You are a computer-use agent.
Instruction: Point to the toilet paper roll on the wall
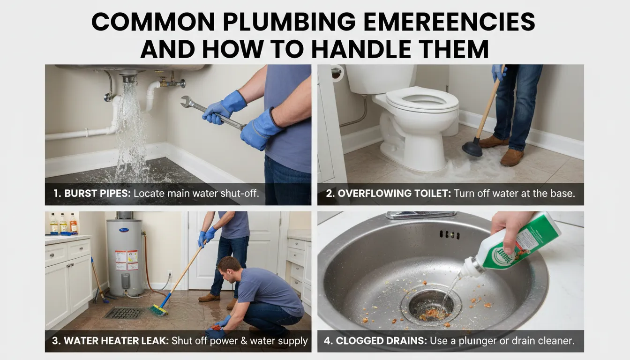(337, 73)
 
